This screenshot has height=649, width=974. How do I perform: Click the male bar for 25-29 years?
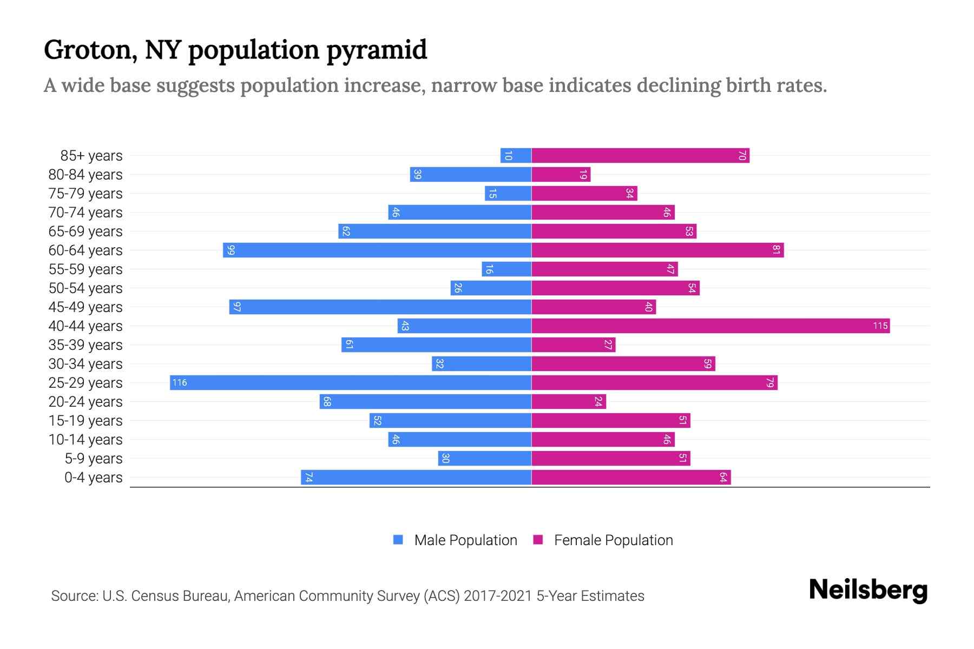351,383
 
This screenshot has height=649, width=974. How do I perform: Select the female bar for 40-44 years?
710,326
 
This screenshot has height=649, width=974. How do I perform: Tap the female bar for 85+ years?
640,156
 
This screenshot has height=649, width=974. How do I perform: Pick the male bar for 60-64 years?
377,250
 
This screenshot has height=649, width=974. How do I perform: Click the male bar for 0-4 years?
416,478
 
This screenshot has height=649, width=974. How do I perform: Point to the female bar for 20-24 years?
569,402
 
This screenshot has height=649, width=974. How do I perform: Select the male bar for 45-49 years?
380,307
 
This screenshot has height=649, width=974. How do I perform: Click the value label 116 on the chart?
179,383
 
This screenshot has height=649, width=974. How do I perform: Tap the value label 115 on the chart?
880,326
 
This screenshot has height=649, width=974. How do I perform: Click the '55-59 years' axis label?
85,269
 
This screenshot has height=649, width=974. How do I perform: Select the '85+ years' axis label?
91,156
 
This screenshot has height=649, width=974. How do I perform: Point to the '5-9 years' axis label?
94,459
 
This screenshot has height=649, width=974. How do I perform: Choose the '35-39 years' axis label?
85,345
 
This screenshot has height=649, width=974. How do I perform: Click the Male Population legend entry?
465,540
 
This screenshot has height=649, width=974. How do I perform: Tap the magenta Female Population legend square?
538,540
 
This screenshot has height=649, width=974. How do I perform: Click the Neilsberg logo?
868,590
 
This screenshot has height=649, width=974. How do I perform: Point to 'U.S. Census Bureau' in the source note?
166,596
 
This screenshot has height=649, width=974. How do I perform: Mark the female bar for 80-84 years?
561,175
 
